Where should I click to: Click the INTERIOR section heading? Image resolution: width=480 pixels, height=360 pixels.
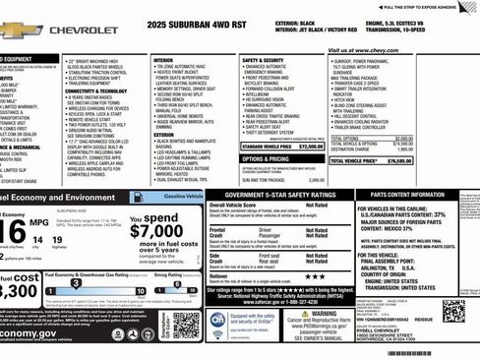(x=163, y=61)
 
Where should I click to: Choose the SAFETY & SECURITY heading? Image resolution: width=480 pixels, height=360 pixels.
(x=263, y=61)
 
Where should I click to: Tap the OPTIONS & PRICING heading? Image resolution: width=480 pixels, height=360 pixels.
(x=265, y=158)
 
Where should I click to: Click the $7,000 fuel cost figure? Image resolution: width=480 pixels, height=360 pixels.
(x=155, y=230)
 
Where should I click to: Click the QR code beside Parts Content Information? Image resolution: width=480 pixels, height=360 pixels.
(x=453, y=311)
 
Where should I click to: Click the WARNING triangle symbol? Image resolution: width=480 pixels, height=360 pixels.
(x=306, y=314)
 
